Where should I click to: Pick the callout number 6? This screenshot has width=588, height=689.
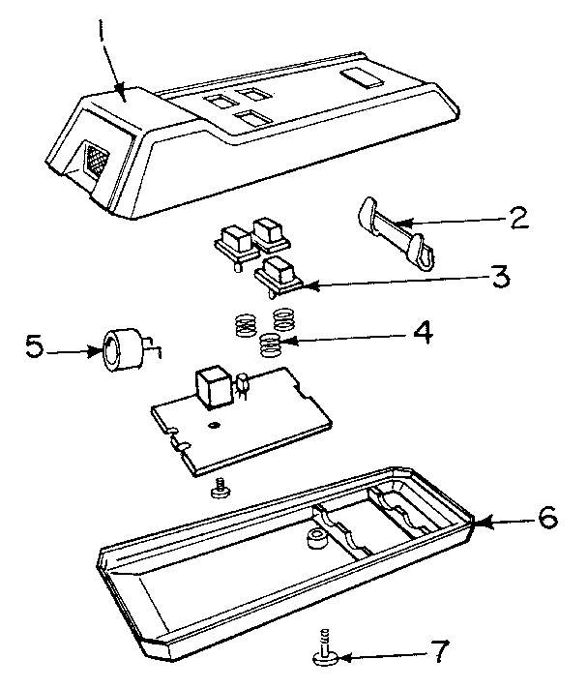(x=546, y=520)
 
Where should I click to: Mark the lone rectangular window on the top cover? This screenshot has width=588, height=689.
(x=365, y=76)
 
